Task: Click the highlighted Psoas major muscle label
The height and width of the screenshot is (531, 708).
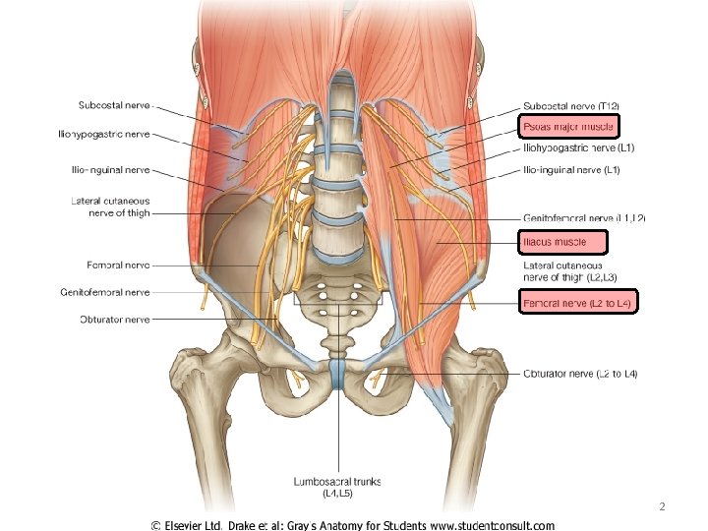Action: coord(567,126)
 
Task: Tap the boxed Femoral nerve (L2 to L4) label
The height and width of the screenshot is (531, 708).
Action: coord(578,304)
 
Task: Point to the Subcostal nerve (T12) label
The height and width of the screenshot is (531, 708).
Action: coord(571,106)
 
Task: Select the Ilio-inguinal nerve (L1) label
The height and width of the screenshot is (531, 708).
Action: coord(570,170)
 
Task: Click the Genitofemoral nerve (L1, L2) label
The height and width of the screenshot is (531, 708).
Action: coord(584,217)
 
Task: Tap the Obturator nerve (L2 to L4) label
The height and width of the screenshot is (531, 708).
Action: coord(580,374)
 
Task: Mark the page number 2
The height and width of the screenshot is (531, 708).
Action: coord(662,505)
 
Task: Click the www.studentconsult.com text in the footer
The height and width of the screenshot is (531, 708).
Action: coord(498,526)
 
